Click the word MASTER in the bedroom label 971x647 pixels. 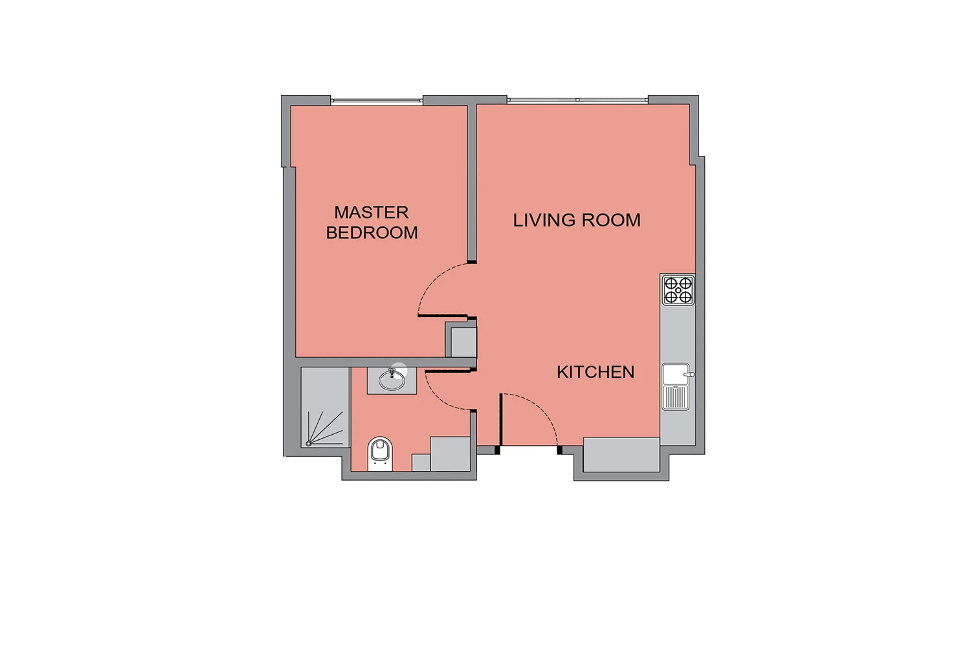coord(371,212)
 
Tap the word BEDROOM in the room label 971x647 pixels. coord(372,233)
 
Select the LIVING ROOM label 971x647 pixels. coord(577,220)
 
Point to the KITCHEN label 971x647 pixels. coord(596,372)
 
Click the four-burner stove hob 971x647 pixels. coord(678,290)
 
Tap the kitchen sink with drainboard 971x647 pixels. coord(676,386)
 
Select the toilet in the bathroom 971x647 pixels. coord(380,454)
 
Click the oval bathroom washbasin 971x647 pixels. coord(392,380)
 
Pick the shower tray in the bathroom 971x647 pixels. coord(325,408)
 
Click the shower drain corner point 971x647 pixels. coord(308,444)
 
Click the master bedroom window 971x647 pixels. coord(377,101)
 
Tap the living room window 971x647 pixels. coord(578,100)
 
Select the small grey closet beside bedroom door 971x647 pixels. coord(464,342)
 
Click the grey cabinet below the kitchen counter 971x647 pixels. coord(621,455)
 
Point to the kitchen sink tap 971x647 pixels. coord(689,375)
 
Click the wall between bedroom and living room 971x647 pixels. coord(472,184)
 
